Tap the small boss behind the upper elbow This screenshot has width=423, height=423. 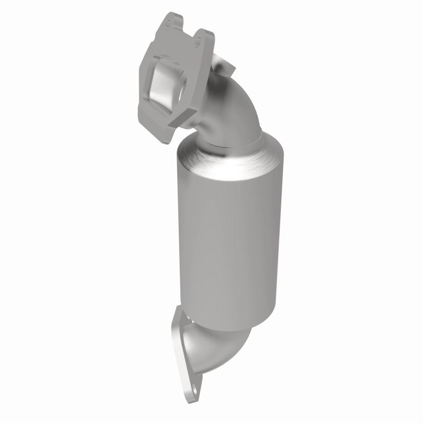click(228, 66)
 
